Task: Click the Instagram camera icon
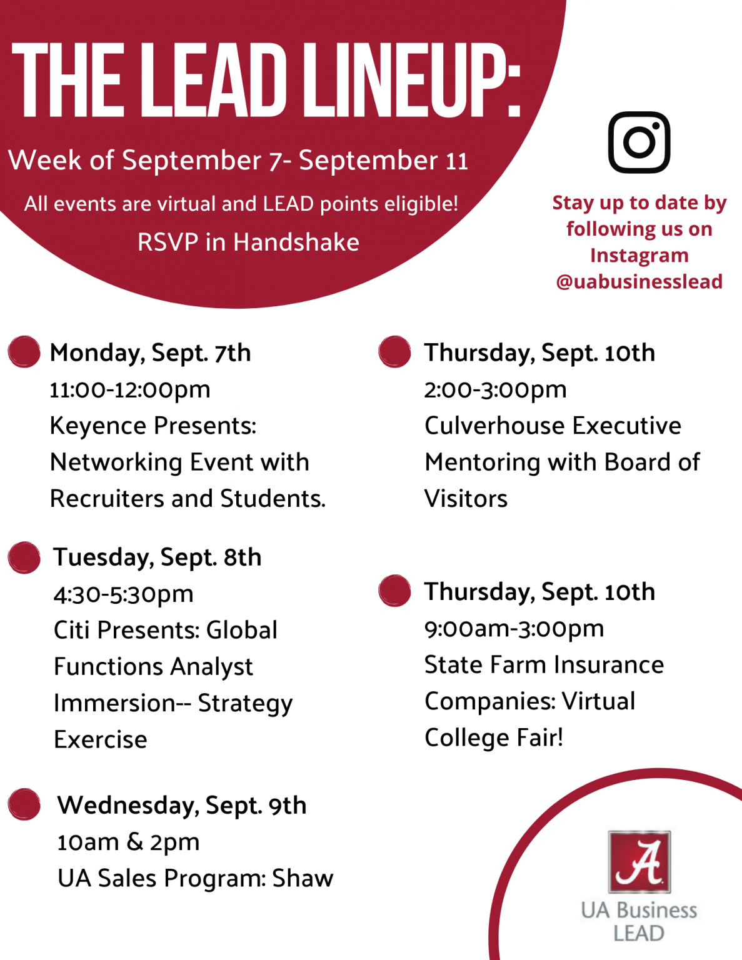pos(639,142)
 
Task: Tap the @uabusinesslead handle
pos(639,282)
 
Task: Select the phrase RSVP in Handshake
pos(248,242)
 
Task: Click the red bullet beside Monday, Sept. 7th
pos(24,352)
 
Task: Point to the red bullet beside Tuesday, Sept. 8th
pos(24,557)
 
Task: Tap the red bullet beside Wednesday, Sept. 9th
pos(24,804)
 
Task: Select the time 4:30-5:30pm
pos(124,594)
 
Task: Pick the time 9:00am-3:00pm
pos(514,629)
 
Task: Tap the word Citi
pos(71,630)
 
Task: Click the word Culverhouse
pos(494,426)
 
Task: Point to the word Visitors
pos(466,499)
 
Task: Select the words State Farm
pos(486,664)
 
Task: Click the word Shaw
pos(303,878)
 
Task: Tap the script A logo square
pos(639,861)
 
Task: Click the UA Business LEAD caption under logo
pos(639,922)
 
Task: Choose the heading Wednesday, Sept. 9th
pos(182,806)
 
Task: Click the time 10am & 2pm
pos(129,842)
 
